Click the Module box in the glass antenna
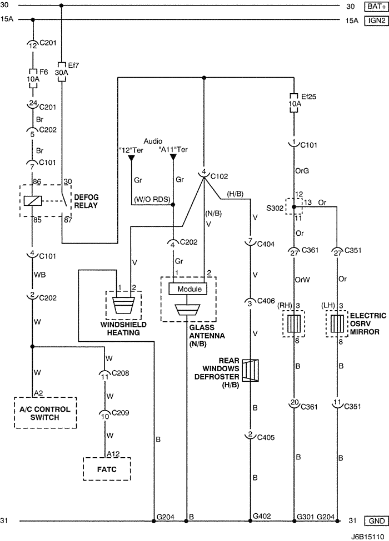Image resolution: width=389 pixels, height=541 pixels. point(189,289)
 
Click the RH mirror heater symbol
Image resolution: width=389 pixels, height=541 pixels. point(294,323)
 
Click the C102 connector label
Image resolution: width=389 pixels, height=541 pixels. point(218,176)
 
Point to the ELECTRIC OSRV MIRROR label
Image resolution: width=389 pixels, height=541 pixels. point(368,323)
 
